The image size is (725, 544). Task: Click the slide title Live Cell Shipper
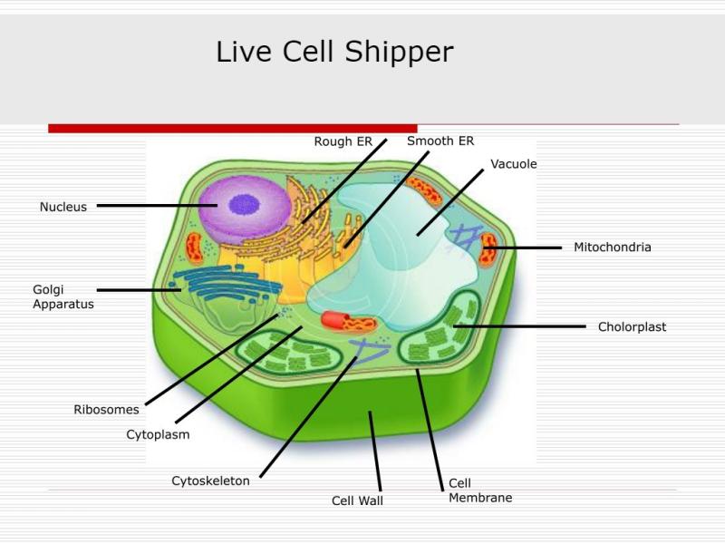[x=334, y=52]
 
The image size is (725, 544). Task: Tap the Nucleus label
[x=63, y=207]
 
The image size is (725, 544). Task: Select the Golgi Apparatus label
[x=63, y=297]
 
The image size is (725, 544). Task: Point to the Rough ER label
[x=343, y=141]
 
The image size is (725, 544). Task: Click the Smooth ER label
[x=440, y=141]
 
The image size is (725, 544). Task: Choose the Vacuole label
[x=514, y=164]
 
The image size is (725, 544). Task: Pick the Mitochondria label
[x=613, y=247]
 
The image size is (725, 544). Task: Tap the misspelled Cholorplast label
[x=632, y=327]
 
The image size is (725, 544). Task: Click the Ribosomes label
[x=106, y=410]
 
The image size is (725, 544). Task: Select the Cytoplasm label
[x=158, y=435]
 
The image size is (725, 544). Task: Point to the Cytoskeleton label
[x=210, y=481]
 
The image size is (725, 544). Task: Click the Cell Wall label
[x=357, y=500]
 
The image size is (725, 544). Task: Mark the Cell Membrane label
[x=480, y=491]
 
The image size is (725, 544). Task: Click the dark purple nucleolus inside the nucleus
[x=244, y=205]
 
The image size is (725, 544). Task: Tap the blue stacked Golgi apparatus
[x=227, y=283]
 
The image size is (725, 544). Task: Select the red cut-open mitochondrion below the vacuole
[x=349, y=322]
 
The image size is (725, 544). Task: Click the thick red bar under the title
[x=233, y=129]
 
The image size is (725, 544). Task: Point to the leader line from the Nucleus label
[x=157, y=206]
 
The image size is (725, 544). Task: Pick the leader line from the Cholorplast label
[x=519, y=326]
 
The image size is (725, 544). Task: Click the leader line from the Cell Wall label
[x=375, y=451]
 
